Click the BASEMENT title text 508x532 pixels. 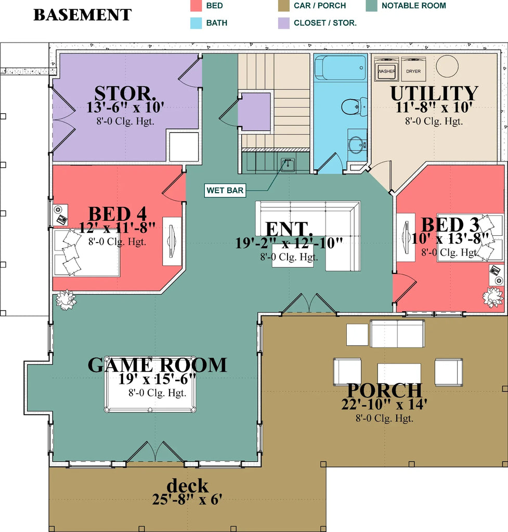pyautogui.click(x=82, y=15)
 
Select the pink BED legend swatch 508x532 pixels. pyautogui.click(x=195, y=6)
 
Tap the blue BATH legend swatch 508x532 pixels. pyautogui.click(x=195, y=23)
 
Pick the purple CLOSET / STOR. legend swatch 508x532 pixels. pyautogui.click(x=283, y=23)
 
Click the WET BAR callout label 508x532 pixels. pyautogui.click(x=225, y=191)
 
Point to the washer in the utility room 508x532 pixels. pyautogui.click(x=386, y=70)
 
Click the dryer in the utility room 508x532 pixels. pyautogui.click(x=413, y=70)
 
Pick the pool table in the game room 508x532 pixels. pyautogui.click(x=150, y=384)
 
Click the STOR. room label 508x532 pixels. pyautogui.click(x=125, y=94)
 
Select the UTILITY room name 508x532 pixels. pyautogui.click(x=434, y=94)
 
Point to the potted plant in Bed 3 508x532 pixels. pyautogui.click(x=492, y=297)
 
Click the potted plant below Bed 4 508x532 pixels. pyautogui.click(x=66, y=300)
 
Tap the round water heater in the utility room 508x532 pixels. pyautogui.click(x=447, y=66)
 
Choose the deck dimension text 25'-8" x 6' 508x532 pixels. pyautogui.click(x=187, y=500)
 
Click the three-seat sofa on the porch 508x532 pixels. pyautogui.click(x=397, y=333)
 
